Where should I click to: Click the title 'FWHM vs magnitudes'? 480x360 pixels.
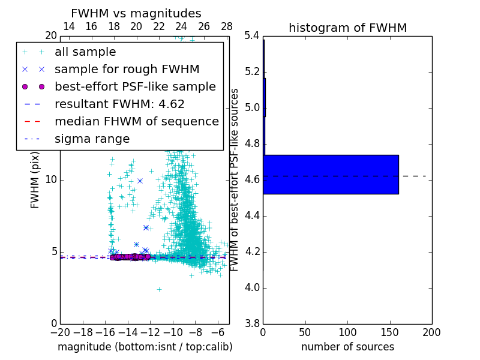point(136,13)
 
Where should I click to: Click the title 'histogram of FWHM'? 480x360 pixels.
point(347,28)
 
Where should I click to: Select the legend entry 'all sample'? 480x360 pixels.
point(85,52)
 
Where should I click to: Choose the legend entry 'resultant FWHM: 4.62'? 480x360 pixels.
point(119,104)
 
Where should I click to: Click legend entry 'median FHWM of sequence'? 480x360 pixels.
point(136,121)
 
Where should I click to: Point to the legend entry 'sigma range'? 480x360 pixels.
point(92,139)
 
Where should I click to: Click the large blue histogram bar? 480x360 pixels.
point(331,175)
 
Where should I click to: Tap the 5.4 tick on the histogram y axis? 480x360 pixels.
point(252,36)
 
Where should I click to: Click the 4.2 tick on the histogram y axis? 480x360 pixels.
point(252,251)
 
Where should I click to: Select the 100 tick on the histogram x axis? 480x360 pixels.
point(347,332)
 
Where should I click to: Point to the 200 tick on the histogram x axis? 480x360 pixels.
point(431,332)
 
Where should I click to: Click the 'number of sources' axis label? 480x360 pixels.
point(347,347)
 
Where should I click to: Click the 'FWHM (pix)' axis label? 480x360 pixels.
point(35,179)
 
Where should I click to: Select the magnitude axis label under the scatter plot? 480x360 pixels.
point(145,347)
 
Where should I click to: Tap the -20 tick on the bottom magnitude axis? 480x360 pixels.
point(60,332)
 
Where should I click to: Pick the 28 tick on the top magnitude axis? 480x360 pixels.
point(227,26)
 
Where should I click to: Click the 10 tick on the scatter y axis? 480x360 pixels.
point(52,179)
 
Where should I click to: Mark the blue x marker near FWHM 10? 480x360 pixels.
point(140,181)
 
